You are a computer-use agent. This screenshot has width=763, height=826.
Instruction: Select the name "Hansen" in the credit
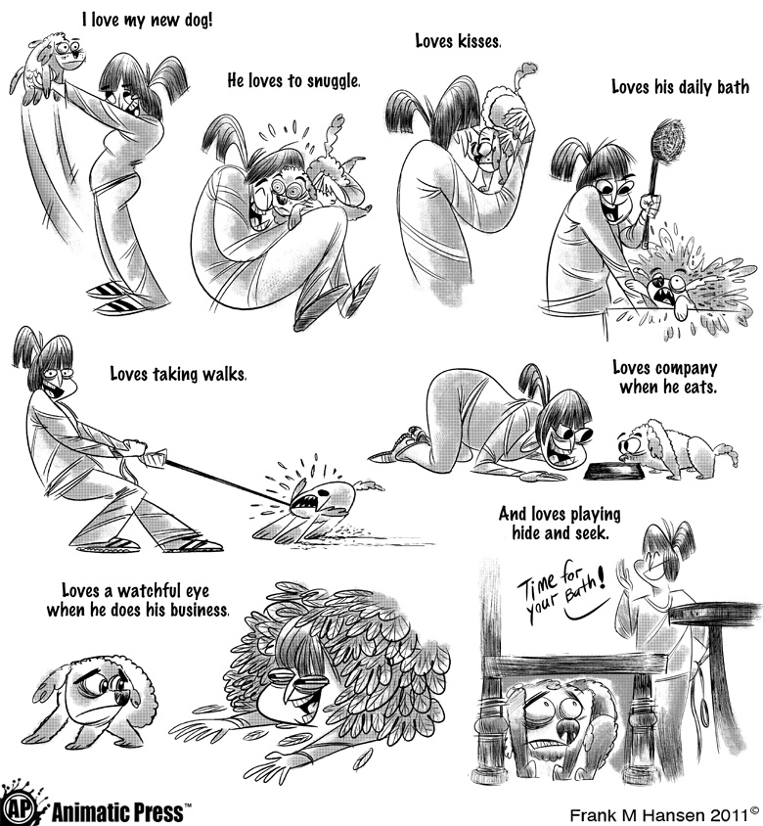pyautogui.click(x=679, y=815)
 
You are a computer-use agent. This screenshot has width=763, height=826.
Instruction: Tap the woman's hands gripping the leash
pyautogui.click(x=138, y=451)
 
